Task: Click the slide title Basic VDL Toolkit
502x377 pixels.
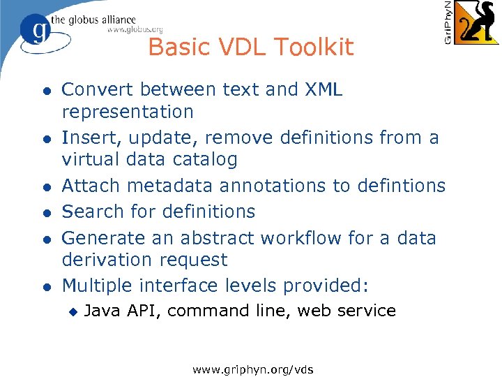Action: point(251,47)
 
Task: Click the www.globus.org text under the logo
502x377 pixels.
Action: point(135,29)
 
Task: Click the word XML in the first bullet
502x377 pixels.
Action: point(324,90)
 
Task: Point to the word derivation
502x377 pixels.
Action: point(107,260)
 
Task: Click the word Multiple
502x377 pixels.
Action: point(98,286)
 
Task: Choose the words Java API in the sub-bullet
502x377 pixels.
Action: point(122,311)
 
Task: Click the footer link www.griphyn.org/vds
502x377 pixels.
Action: point(253,367)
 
